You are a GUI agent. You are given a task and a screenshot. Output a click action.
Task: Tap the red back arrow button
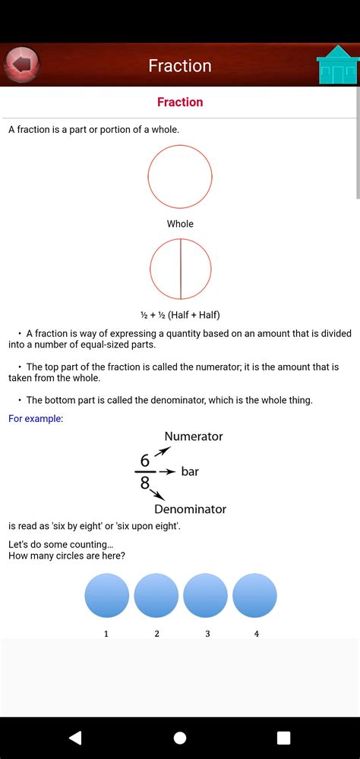(x=22, y=65)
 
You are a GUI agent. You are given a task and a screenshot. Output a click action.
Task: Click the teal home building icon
(x=337, y=65)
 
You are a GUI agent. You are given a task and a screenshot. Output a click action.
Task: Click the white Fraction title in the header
(x=180, y=66)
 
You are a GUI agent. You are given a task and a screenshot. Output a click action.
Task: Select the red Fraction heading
(x=180, y=102)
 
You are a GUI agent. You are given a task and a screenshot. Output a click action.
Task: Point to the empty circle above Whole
(x=180, y=177)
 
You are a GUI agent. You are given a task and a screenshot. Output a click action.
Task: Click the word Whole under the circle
(x=180, y=224)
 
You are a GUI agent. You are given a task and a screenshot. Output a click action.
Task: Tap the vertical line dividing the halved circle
(x=181, y=269)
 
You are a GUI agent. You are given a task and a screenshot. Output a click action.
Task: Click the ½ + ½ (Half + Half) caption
(x=180, y=314)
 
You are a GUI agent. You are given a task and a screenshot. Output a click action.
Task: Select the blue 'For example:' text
(x=36, y=418)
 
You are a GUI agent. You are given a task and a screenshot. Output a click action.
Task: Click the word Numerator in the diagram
(x=194, y=436)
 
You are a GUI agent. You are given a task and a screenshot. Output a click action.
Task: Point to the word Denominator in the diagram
(x=190, y=509)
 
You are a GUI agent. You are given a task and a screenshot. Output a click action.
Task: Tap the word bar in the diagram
(x=190, y=472)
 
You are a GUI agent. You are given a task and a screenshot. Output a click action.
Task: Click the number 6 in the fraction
(x=144, y=461)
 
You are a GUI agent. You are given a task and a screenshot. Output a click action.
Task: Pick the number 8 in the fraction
(x=144, y=483)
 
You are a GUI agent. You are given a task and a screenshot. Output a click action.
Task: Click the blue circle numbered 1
(x=106, y=595)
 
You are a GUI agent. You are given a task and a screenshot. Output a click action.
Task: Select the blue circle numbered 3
(x=206, y=595)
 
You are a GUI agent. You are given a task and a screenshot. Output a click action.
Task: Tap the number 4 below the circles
(x=256, y=633)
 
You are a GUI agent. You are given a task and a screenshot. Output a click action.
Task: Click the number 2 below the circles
(x=156, y=633)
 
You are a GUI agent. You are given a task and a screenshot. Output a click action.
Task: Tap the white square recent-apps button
(x=283, y=738)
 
